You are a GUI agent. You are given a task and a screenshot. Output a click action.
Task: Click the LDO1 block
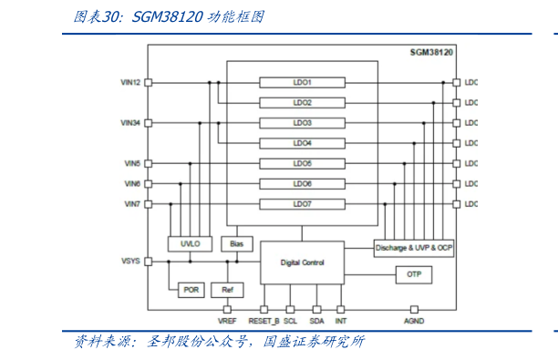[302, 82]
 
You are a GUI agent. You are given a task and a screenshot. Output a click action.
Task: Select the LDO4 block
[302, 143]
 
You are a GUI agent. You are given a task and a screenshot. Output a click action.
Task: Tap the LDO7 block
[302, 204]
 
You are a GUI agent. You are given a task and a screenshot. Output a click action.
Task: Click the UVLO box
[191, 243]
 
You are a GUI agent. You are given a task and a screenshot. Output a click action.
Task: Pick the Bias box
[237, 243]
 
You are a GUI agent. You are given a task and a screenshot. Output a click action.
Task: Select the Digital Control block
[302, 262]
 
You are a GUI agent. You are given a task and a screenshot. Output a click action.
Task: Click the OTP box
[413, 274]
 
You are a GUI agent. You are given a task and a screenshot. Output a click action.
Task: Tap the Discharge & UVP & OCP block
[414, 247]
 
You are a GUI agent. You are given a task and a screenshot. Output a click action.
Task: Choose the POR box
[191, 290]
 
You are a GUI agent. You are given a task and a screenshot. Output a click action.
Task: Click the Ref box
[227, 290]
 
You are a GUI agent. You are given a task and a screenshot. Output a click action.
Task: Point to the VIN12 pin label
[130, 82]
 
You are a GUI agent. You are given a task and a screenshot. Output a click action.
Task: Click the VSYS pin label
[130, 262]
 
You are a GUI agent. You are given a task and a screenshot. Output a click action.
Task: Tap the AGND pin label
[414, 322]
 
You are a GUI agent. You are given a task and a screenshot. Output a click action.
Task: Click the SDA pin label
[316, 322]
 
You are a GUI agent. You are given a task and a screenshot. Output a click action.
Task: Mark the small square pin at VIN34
[149, 122]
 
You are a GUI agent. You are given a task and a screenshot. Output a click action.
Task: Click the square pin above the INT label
[340, 310]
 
